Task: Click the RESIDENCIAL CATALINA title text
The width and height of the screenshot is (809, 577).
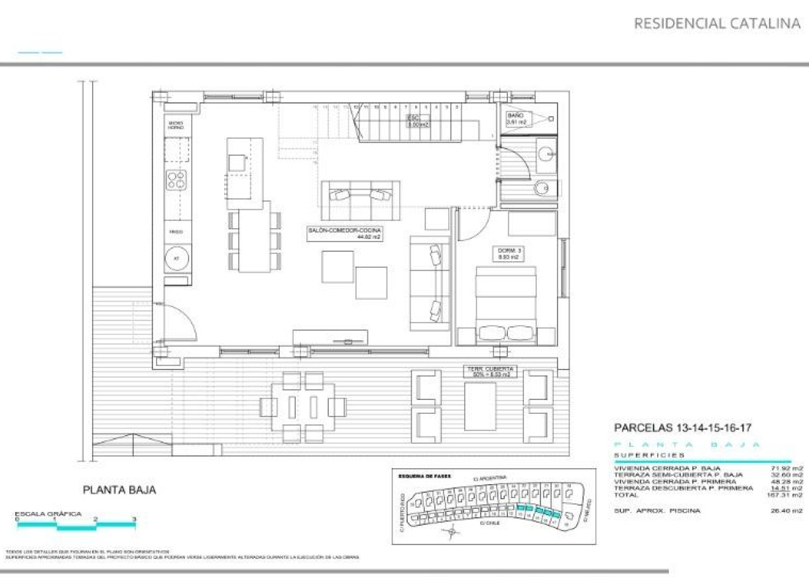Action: [717, 24]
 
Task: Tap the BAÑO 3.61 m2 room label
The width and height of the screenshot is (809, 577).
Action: [516, 119]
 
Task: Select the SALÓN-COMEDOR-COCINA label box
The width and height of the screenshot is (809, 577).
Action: [344, 233]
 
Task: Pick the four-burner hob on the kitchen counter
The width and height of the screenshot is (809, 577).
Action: [176, 180]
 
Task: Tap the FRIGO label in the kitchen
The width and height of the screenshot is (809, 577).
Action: [176, 232]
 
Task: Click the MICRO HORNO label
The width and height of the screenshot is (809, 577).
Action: [176, 125]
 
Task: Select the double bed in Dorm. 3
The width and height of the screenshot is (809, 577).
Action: [506, 305]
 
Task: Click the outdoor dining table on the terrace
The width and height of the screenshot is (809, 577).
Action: [302, 407]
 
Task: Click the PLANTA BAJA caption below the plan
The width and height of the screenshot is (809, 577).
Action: [119, 490]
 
